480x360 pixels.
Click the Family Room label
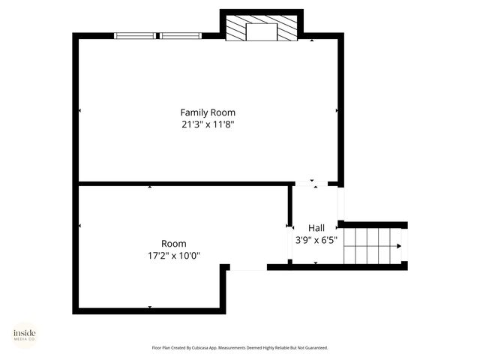[208, 112]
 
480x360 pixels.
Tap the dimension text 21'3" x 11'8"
[208, 124]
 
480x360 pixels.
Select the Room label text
[174, 244]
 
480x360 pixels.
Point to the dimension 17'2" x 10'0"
[174, 256]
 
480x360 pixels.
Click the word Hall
[316, 228]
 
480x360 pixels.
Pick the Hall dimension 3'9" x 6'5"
[316, 240]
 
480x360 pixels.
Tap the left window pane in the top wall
[135, 34]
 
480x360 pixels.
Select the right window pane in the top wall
[181, 34]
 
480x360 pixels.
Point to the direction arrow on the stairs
[397, 245]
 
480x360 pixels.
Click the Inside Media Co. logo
[24, 335]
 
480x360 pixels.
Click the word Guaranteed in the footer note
[314, 348]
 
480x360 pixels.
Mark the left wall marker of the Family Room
[80, 111]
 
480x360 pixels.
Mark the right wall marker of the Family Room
[337, 111]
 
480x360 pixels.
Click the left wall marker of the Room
[80, 225]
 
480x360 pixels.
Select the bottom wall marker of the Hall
[315, 262]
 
